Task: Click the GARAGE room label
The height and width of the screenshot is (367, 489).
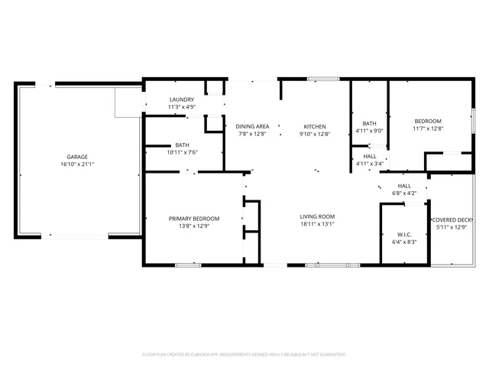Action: click(x=77, y=156)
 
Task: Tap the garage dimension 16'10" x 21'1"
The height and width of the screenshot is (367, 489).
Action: click(x=77, y=164)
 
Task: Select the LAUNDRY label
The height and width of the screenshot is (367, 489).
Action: click(x=182, y=99)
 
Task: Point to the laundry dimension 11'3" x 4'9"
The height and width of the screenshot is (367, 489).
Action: click(x=182, y=107)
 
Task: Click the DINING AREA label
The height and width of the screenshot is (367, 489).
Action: click(x=252, y=126)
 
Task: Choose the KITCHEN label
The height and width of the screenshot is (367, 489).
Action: click(x=315, y=126)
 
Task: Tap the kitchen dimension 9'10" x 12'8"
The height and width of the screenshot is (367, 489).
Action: click(x=315, y=134)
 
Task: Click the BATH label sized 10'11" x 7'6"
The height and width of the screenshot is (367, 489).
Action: click(x=182, y=145)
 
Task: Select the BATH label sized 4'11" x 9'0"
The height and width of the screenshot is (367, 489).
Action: click(x=369, y=123)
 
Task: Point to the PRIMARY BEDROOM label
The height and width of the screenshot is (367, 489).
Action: click(x=194, y=218)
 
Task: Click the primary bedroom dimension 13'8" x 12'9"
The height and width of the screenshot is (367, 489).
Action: click(x=194, y=226)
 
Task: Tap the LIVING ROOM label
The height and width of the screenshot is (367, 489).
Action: click(x=317, y=216)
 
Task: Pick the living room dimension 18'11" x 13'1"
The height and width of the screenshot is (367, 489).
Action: click(x=317, y=225)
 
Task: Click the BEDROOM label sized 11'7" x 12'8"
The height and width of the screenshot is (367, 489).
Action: click(x=428, y=121)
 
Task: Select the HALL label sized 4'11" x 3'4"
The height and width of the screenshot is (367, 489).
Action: click(x=369, y=156)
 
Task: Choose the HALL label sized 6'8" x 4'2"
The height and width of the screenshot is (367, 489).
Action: click(x=404, y=186)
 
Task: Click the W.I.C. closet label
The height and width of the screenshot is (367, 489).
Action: click(x=404, y=234)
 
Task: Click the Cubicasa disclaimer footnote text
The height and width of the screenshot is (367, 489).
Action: click(x=244, y=354)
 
